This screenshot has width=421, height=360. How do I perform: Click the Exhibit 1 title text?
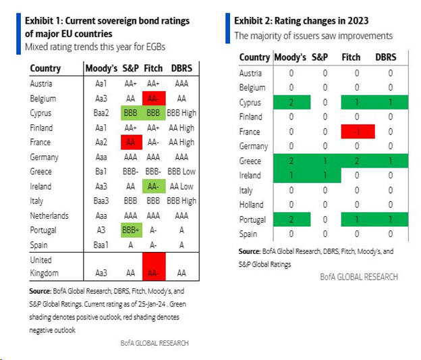107,26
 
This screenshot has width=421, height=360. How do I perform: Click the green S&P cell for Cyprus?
130,113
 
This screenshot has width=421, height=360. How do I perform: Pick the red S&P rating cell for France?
130,142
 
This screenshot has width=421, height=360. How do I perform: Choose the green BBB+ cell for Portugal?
130,230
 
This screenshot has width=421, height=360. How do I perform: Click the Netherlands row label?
49,215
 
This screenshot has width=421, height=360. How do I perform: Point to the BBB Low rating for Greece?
182,172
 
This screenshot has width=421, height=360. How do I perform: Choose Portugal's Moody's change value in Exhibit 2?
291,220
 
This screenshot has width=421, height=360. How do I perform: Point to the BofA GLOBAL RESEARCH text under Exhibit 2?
359,277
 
